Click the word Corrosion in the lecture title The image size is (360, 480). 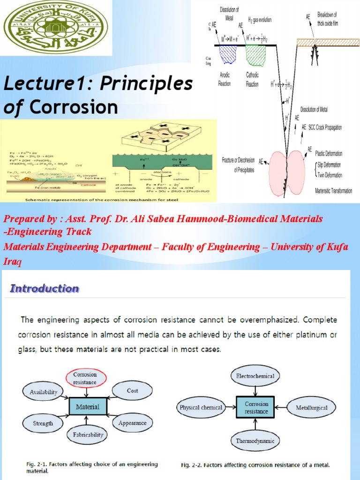[74, 107]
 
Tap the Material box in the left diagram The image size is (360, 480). [88, 406]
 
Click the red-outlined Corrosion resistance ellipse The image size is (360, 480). [85, 378]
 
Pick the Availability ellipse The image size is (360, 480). [44, 392]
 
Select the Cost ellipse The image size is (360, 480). [132, 390]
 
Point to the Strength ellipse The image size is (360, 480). [43, 423]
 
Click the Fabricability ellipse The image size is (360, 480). [88, 435]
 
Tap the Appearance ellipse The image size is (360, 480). [132, 423]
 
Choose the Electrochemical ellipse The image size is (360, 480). [255, 376]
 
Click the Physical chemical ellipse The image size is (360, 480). [201, 407]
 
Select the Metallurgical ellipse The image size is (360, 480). [312, 408]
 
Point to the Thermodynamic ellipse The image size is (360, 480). [255, 441]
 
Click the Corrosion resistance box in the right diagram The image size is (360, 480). [256, 407]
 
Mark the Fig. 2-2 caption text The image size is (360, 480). [255, 465]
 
